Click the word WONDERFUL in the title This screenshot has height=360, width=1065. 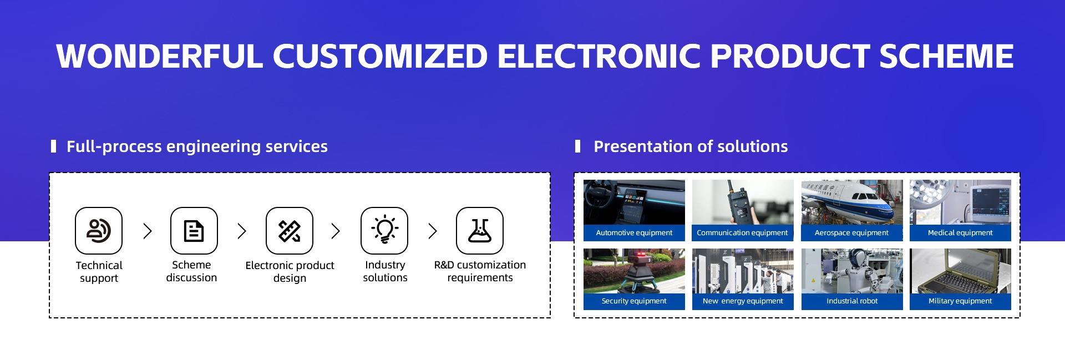click(159, 56)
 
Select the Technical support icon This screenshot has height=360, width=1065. click(99, 231)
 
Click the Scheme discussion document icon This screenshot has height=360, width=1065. click(194, 231)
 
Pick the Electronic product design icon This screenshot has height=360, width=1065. click(289, 231)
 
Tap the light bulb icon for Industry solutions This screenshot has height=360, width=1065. click(384, 231)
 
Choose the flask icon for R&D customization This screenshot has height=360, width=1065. click(480, 231)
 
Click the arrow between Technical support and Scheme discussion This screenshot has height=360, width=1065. click(147, 231)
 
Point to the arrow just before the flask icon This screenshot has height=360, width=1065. click(433, 231)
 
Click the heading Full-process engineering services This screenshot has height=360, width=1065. click(197, 146)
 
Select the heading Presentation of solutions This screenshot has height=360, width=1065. click(691, 146)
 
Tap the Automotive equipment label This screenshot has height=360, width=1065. click(634, 233)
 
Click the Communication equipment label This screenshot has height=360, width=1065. click(742, 233)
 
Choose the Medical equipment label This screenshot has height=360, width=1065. click(960, 233)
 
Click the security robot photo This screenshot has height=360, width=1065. click(634, 271)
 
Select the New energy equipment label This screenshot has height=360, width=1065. click(743, 301)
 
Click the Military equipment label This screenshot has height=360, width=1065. click(960, 301)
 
